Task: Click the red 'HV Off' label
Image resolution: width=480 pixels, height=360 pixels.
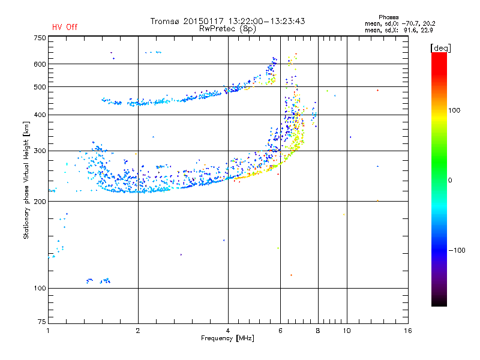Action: (x=65, y=27)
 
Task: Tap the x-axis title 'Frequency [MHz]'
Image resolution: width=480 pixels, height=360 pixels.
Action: (x=227, y=338)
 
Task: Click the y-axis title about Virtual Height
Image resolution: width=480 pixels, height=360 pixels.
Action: (x=26, y=181)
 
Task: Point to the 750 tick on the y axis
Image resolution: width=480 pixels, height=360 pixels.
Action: (x=40, y=38)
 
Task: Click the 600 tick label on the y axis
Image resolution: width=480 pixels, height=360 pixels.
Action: (x=40, y=64)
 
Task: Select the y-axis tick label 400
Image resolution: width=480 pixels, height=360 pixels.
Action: (x=40, y=115)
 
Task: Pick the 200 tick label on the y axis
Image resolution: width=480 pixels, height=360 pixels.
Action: (x=40, y=202)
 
